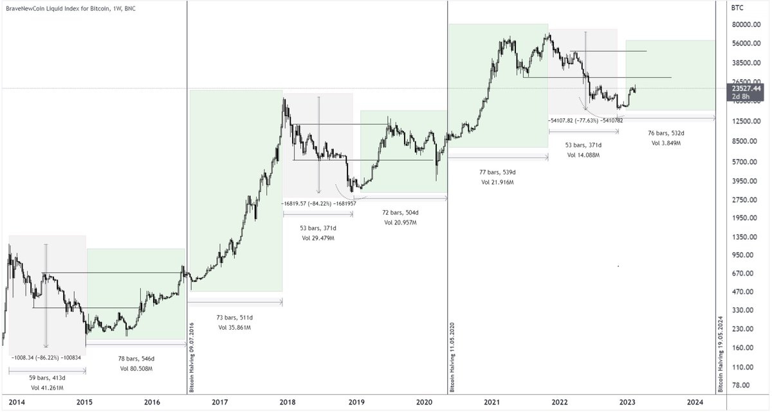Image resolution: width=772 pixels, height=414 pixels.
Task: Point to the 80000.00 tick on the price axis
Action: coord(746,25)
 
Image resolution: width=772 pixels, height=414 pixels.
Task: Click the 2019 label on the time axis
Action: coord(356,402)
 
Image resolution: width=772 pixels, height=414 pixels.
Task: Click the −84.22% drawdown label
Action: coord(317,203)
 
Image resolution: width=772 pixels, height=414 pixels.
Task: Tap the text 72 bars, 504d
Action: coord(401,212)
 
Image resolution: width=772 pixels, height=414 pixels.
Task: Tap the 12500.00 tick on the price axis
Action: coord(746,122)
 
